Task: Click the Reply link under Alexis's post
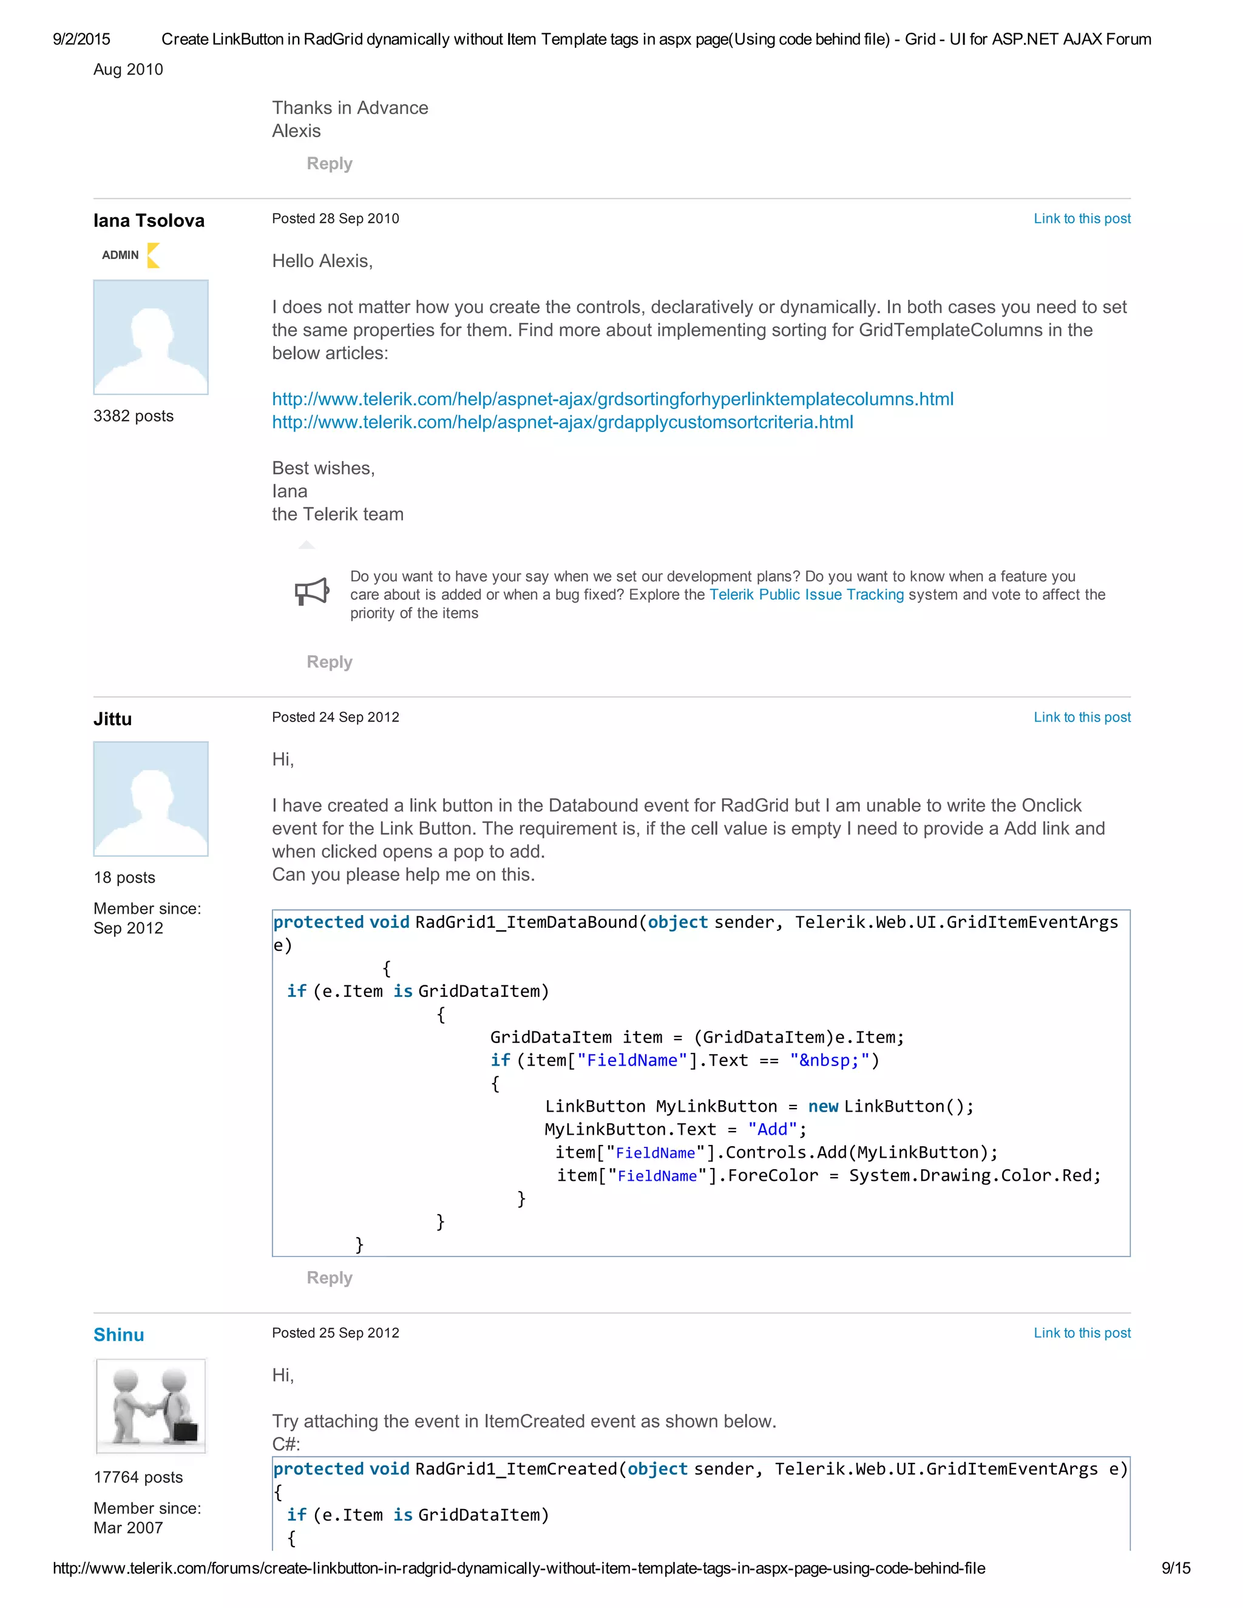[x=329, y=163]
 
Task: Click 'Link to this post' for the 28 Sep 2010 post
[x=1082, y=218]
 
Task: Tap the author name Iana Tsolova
[x=149, y=221]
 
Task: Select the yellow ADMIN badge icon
[x=153, y=255]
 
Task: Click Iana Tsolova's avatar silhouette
[x=151, y=337]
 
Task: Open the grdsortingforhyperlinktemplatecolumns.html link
[x=612, y=399]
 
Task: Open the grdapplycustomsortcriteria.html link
[x=563, y=422]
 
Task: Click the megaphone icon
[x=311, y=591]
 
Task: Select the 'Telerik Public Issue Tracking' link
[x=807, y=595]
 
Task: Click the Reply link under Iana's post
[x=329, y=662]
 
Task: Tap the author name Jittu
[x=113, y=719]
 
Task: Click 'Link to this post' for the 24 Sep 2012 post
[x=1082, y=717]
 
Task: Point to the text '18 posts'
[x=124, y=877]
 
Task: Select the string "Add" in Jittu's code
[x=773, y=1129]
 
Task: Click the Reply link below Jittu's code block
[x=329, y=1277]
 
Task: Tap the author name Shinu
[x=118, y=1335]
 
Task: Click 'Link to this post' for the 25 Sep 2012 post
[x=1082, y=1333]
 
